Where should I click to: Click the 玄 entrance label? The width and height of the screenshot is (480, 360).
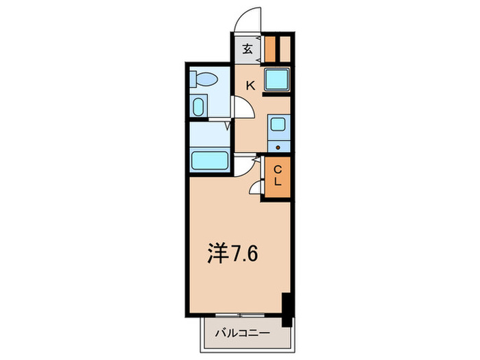(x=247, y=49)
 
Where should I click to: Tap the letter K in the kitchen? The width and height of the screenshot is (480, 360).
(x=250, y=86)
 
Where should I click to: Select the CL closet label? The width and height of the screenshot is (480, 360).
(x=278, y=176)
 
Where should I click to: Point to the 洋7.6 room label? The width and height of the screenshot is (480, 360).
(x=233, y=254)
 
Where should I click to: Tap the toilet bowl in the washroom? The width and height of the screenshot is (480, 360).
(x=204, y=80)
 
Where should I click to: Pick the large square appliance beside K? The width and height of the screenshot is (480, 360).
(x=278, y=82)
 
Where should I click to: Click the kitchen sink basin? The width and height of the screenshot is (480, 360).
(x=278, y=126)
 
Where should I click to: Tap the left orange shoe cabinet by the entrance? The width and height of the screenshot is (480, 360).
(x=271, y=48)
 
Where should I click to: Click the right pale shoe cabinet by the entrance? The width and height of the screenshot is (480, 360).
(x=285, y=48)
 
